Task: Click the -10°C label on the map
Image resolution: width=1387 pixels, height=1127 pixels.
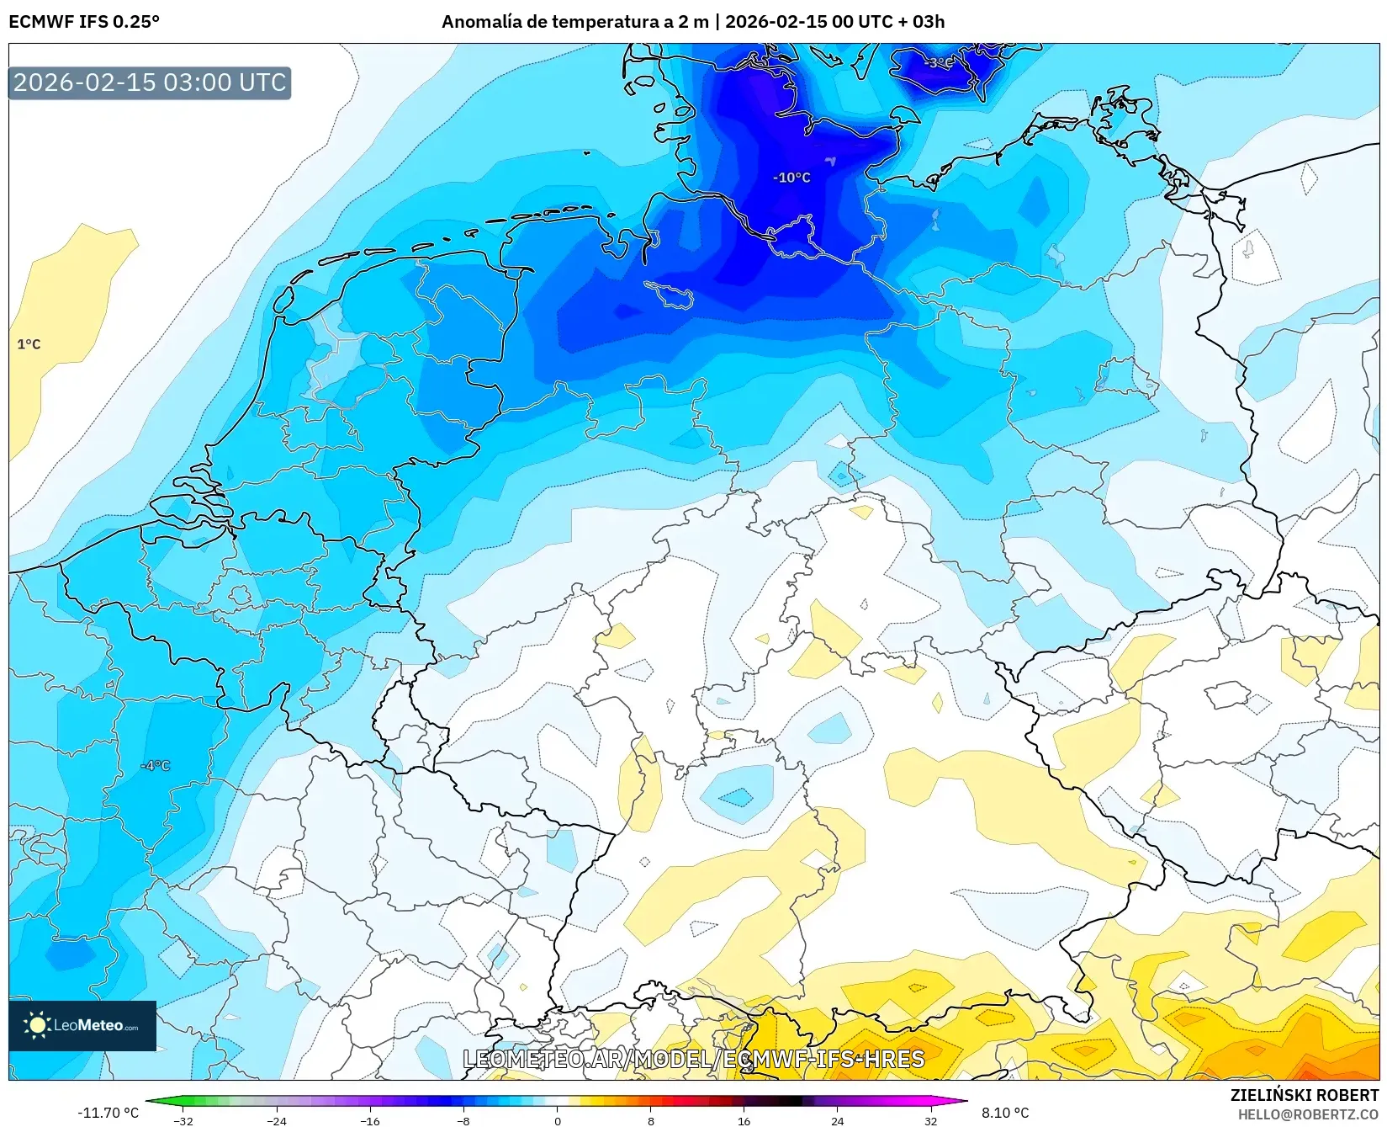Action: [791, 178]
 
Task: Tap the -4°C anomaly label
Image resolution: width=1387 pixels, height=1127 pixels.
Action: [156, 766]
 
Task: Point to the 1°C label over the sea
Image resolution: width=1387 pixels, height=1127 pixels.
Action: [29, 344]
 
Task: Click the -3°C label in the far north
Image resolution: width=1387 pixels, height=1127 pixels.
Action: [939, 62]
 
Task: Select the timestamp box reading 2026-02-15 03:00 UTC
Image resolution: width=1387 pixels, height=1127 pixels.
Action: [150, 82]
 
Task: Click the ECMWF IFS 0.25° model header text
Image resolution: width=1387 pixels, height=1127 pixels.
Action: [84, 21]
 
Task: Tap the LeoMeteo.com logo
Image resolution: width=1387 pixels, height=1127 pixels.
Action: [82, 1025]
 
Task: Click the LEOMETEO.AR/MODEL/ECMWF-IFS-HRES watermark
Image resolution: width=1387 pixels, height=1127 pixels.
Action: [694, 1059]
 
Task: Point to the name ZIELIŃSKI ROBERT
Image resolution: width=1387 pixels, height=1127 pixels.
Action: [1304, 1095]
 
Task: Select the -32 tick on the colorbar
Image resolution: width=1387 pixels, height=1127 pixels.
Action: [183, 1120]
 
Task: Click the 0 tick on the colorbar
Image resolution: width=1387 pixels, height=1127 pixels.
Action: [557, 1120]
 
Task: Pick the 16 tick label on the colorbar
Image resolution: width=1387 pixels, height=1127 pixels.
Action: [744, 1120]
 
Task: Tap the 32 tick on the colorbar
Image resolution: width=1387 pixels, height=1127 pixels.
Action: [930, 1120]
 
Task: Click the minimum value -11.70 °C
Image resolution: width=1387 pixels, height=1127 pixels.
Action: [108, 1113]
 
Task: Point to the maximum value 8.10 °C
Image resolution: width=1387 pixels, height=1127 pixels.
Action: [1005, 1113]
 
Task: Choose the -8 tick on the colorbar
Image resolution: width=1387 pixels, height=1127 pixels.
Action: [463, 1120]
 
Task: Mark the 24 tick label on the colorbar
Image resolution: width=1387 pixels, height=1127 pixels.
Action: [837, 1120]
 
